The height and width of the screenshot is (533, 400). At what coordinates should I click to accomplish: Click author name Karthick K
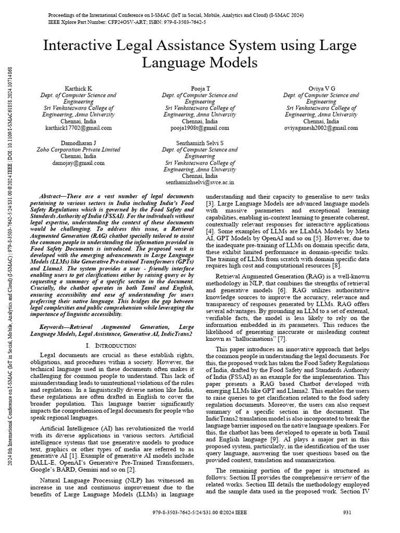[78, 88]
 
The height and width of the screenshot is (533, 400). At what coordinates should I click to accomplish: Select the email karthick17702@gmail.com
[78, 128]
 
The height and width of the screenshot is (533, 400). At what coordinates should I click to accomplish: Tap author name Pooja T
[200, 88]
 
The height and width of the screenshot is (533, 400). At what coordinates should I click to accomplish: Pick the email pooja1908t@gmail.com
[200, 128]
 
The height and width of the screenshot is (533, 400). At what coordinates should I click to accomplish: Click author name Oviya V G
[321, 88]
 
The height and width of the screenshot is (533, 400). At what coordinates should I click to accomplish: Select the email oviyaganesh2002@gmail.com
[321, 128]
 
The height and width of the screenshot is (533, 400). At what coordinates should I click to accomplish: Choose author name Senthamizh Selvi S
[200, 142]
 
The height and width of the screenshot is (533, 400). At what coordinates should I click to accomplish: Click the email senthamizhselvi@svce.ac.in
[200, 183]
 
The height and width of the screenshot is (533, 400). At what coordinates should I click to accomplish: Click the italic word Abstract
[52, 193]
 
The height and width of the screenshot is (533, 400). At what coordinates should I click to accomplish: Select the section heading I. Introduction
[110, 346]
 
